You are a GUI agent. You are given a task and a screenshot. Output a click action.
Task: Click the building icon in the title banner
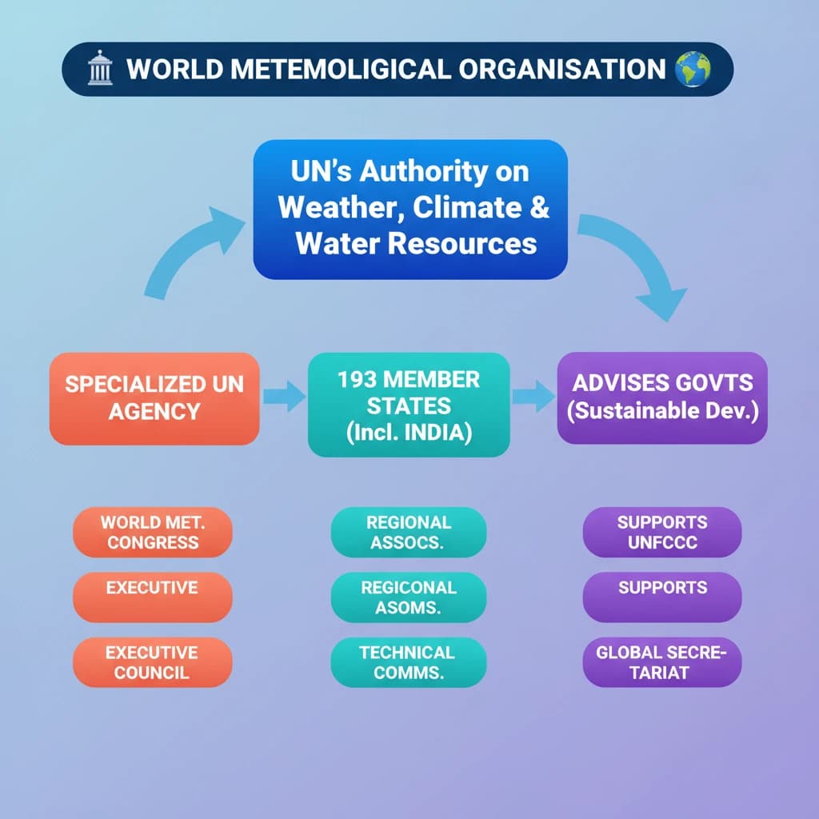tap(100, 68)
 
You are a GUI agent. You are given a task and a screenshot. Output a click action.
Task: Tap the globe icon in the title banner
tap(693, 69)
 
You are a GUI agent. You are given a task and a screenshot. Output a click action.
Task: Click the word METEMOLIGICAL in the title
tap(341, 69)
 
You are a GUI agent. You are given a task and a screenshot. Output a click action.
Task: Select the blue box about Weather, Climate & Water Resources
tap(410, 210)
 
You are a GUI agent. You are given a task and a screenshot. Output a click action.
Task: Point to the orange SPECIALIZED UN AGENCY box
tap(154, 398)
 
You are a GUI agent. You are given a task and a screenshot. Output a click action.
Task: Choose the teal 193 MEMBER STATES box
tap(409, 405)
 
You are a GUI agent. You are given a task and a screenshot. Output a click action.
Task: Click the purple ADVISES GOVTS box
tap(662, 398)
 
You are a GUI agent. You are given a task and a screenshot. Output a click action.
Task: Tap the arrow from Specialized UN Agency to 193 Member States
tap(284, 397)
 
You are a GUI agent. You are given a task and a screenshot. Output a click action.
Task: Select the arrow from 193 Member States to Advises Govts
tap(533, 397)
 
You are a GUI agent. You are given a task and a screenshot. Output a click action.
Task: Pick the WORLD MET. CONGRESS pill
tap(153, 532)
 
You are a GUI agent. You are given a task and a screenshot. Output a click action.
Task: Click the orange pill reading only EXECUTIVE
tap(153, 597)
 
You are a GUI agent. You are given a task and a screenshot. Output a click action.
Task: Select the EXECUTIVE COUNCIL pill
tap(153, 662)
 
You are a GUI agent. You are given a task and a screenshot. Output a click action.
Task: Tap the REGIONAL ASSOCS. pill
tap(409, 532)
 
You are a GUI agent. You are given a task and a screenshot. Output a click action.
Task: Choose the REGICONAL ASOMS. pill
tap(409, 597)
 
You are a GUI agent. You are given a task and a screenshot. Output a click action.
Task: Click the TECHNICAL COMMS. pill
tap(409, 662)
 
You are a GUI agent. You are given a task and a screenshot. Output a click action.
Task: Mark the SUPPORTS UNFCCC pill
tap(662, 532)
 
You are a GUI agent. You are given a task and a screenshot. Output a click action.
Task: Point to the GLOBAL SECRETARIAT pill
tap(662, 662)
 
